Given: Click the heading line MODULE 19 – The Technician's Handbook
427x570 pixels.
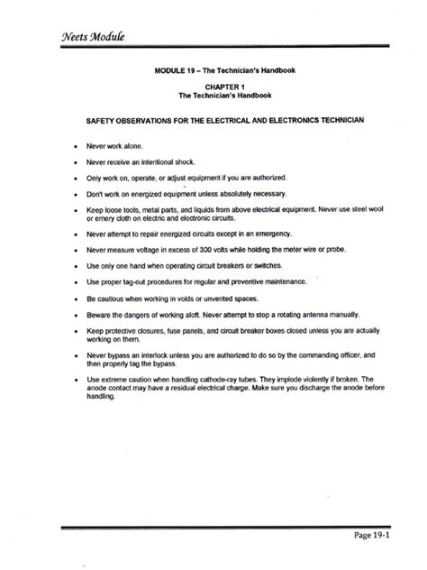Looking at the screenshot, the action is coord(213,70).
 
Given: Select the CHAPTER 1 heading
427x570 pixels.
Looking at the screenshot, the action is coord(213,87).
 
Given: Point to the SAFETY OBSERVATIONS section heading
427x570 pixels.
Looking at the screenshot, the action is coord(213,118).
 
